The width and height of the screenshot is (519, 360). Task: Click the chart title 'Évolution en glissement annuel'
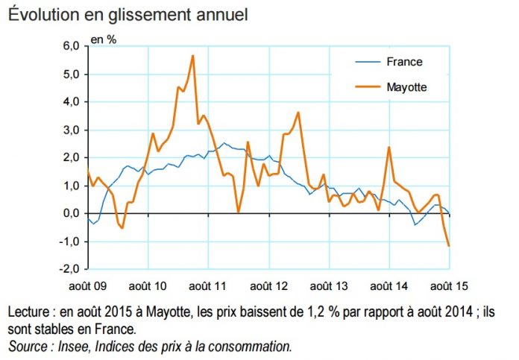[x=128, y=15]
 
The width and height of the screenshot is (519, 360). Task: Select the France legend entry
[x=404, y=62]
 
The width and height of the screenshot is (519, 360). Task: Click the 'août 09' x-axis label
[x=88, y=285]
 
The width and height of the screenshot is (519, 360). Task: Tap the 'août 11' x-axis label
[x=208, y=285]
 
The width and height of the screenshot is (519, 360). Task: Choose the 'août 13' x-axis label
[x=328, y=285]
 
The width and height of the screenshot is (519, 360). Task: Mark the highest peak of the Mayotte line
[x=193, y=56]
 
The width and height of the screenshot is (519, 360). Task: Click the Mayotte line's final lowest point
[x=449, y=245]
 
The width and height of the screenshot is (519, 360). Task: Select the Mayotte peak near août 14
[x=389, y=147]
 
